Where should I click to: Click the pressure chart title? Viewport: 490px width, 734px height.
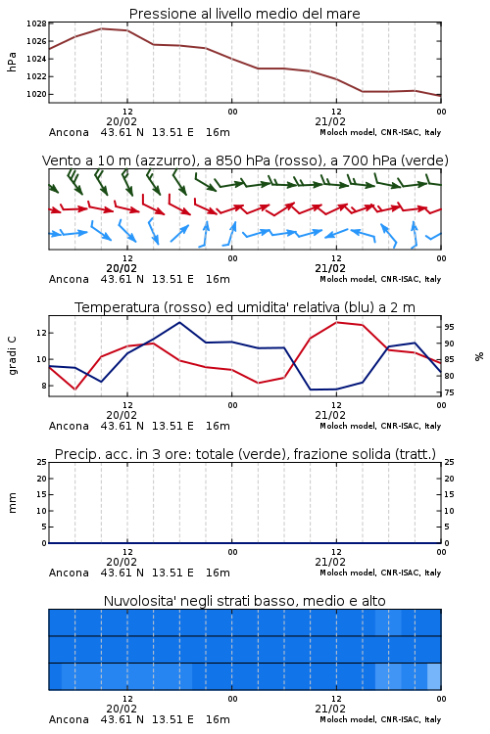[x=244, y=14]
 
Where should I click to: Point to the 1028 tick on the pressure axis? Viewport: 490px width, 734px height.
[x=36, y=23]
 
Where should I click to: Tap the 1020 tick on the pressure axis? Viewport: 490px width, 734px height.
[x=36, y=94]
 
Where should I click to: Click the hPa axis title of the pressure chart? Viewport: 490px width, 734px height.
[x=12, y=62]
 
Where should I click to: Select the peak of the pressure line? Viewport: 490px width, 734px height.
[x=102, y=28]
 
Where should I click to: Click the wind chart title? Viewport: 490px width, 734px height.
[x=245, y=161]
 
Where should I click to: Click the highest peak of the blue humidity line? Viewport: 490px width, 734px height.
[x=179, y=322]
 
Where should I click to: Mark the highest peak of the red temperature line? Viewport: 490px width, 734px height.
[x=337, y=322]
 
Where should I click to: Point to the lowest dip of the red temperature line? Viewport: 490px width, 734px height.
[x=75, y=389]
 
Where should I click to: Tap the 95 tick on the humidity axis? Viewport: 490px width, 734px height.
[x=449, y=327]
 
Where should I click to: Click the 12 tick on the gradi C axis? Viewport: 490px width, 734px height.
[x=41, y=333]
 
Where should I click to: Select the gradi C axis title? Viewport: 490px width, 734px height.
[x=12, y=356]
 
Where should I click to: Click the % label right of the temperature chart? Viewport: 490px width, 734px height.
[x=479, y=356]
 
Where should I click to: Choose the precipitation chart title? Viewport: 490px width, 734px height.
[x=245, y=454]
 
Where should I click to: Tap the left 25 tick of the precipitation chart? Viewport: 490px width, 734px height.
[x=42, y=462]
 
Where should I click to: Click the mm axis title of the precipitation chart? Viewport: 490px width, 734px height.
[x=12, y=503]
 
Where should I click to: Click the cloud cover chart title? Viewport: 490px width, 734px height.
[x=244, y=601]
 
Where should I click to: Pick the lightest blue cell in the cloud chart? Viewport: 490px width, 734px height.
[x=434, y=676]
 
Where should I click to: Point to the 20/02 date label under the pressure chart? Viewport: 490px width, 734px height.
[x=122, y=121]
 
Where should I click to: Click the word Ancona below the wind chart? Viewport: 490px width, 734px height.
[x=69, y=279]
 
